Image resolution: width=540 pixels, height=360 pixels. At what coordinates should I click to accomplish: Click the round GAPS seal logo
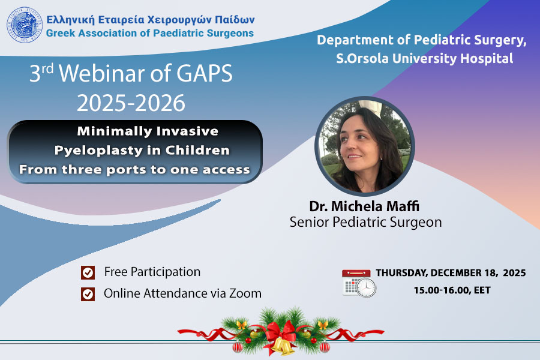[x=24, y=25]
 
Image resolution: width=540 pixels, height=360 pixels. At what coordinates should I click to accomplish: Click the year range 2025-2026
[x=131, y=103]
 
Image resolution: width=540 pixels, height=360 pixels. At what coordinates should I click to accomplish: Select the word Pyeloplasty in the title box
[x=98, y=151]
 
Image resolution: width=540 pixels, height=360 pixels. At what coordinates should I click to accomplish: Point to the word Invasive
[x=187, y=131]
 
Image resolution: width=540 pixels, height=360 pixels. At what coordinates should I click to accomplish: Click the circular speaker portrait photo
[x=365, y=146]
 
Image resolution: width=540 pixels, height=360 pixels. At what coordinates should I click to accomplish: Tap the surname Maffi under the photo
[x=403, y=206]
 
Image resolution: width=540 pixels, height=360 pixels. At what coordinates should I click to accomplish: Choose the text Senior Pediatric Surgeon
[x=365, y=222]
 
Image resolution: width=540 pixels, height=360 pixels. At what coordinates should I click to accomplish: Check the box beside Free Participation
[x=88, y=272]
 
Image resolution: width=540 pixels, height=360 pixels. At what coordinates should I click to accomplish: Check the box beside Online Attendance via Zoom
[x=88, y=294]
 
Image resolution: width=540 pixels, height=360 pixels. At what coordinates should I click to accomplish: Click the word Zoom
[x=245, y=293]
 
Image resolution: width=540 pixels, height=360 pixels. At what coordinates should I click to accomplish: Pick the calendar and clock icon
[x=359, y=284]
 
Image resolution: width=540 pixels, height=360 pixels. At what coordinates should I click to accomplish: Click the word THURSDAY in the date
[x=401, y=273]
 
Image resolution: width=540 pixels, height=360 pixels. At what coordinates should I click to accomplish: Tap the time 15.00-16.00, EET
[x=452, y=290]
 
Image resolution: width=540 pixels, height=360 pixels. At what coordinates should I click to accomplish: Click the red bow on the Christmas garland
[x=280, y=331]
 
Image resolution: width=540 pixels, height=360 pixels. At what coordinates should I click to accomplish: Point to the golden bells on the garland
[x=283, y=346]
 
